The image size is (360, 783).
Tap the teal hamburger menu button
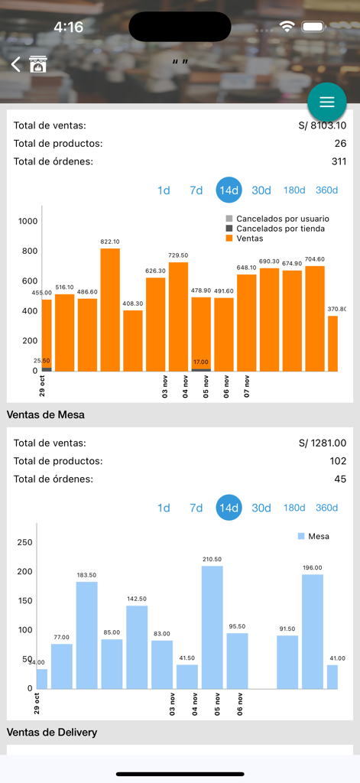327,102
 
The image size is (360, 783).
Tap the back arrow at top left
15,65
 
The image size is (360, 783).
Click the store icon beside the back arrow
38,65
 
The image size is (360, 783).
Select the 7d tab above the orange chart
196,190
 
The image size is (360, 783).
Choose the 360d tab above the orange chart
326,190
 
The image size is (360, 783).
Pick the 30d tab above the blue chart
261,508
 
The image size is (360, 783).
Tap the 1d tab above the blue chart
164,508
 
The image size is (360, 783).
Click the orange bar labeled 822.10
110,310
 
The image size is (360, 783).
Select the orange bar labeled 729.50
178,317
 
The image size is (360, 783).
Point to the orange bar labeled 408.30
133,340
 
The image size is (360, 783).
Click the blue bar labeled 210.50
212,627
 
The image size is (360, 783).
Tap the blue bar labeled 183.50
86,635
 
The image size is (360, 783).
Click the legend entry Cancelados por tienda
274,229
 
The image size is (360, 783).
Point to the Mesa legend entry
313,536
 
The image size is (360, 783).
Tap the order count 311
337,161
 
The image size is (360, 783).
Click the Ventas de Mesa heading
46,414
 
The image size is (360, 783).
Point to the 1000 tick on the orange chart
28,221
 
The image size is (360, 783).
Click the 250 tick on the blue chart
24,542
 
